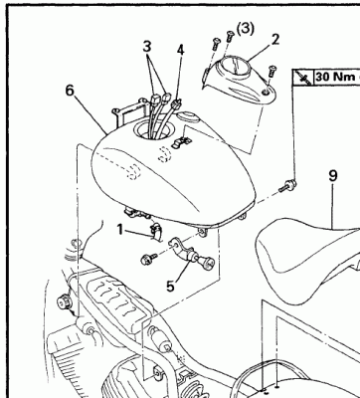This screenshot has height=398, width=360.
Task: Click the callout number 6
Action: pyautogui.click(x=70, y=90)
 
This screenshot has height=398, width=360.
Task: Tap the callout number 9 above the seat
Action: pyautogui.click(x=333, y=175)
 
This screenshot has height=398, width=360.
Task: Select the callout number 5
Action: pyautogui.click(x=170, y=287)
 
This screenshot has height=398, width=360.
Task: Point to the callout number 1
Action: pyautogui.click(x=119, y=230)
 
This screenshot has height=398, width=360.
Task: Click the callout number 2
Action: pyautogui.click(x=274, y=40)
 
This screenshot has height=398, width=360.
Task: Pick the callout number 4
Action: pyautogui.click(x=180, y=50)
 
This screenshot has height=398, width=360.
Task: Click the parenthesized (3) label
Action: pyautogui.click(x=246, y=29)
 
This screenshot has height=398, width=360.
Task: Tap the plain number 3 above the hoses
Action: pyautogui.click(x=147, y=47)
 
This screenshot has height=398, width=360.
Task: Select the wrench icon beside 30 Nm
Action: pyautogui.click(x=303, y=78)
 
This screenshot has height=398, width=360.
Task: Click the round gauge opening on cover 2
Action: pyautogui.click(x=236, y=68)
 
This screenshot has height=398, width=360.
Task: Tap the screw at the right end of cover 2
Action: pyautogui.click(x=272, y=71)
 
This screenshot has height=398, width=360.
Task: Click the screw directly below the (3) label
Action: pyautogui.click(x=230, y=36)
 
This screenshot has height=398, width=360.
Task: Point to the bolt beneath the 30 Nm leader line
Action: pyautogui.click(x=287, y=186)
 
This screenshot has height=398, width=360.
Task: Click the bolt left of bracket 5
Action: pyautogui.click(x=147, y=259)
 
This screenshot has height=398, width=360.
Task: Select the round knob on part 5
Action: pyautogui.click(x=207, y=262)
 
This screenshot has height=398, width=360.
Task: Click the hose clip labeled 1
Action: pyautogui.click(x=155, y=232)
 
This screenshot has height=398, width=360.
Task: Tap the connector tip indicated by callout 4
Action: pyautogui.click(x=176, y=103)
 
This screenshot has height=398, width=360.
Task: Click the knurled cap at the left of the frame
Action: pyautogui.click(x=63, y=302)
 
